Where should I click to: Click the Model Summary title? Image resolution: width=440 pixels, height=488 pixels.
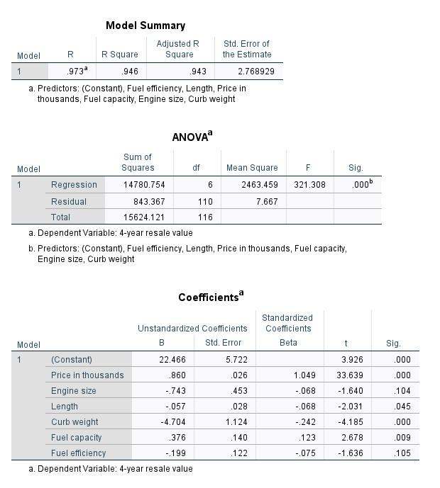point(145,25)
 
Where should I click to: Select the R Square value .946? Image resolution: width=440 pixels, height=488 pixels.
point(130,72)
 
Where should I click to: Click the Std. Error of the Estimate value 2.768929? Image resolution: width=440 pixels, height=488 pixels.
point(253,72)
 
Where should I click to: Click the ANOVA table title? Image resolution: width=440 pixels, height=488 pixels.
point(192,137)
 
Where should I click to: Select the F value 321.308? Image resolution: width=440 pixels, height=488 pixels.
point(309,185)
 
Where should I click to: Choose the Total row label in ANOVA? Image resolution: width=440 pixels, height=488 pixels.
point(61,217)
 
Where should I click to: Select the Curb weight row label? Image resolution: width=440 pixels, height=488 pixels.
point(75,422)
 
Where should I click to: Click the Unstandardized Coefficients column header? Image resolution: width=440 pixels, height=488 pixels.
point(192,329)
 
